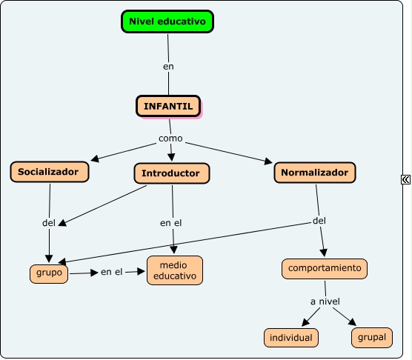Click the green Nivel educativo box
(x=167, y=21)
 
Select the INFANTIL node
(x=168, y=106)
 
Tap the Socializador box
(x=50, y=172)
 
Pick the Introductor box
(x=172, y=173)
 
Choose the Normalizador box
(x=315, y=173)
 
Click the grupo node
(x=49, y=274)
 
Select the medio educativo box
(x=175, y=270)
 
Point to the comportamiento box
(x=325, y=269)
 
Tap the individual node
(x=291, y=338)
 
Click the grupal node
(x=372, y=337)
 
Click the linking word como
(x=170, y=139)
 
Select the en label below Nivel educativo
(x=168, y=67)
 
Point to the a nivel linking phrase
(x=325, y=301)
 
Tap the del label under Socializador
(x=49, y=223)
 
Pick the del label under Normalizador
(x=319, y=221)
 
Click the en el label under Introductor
(x=170, y=223)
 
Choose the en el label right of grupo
(x=112, y=272)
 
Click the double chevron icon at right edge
(x=405, y=179)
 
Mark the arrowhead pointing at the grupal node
(x=353, y=322)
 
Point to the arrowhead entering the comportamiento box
(x=324, y=253)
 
